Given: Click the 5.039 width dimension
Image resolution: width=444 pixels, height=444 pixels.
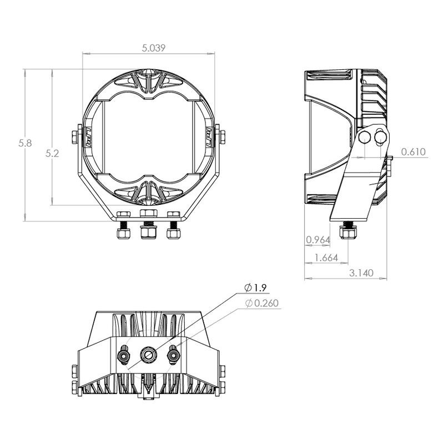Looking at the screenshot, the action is (x=154, y=48).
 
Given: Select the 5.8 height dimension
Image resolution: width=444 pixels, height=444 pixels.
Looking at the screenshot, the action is (x=25, y=143).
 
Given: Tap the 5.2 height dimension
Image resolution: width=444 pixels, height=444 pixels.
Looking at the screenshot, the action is (x=52, y=154).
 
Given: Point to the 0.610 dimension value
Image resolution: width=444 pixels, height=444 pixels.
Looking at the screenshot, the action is (x=413, y=152).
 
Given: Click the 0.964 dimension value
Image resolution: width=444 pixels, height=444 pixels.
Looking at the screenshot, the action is (x=318, y=240).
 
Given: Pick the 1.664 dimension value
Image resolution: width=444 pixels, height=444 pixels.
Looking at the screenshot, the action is (x=326, y=258).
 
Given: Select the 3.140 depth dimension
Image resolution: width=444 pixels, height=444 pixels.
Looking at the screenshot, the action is (x=361, y=273).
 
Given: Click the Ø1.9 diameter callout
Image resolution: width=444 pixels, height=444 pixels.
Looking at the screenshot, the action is (x=255, y=288).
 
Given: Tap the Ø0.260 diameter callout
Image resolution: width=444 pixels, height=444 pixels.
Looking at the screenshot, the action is (x=262, y=303).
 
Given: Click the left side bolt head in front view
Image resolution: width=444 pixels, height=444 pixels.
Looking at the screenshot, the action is (x=75, y=137).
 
